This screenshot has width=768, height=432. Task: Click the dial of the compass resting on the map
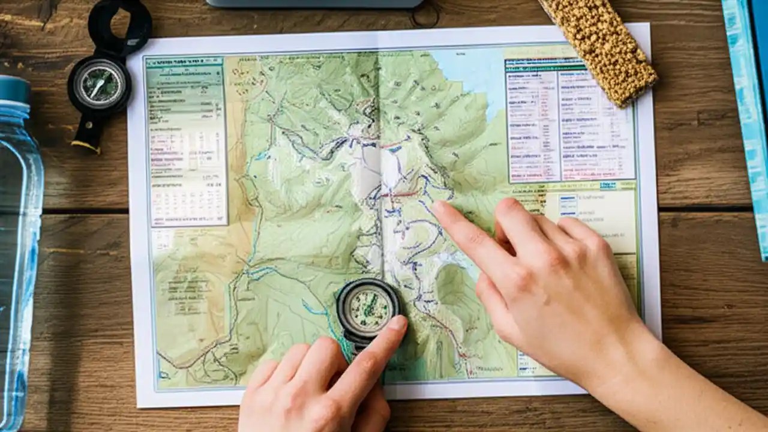(368, 308)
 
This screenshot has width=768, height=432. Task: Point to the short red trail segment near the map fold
(398, 194)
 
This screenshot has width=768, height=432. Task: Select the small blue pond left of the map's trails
(262, 157)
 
